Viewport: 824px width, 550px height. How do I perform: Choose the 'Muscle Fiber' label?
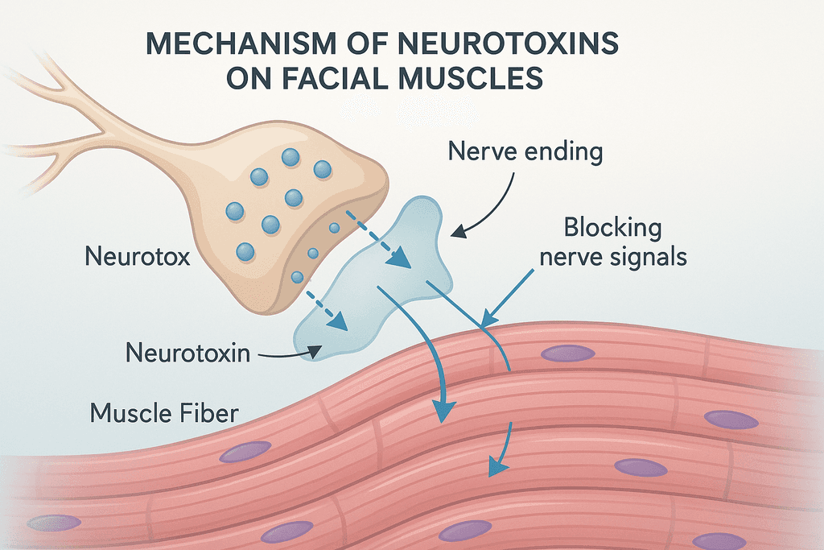[164, 414]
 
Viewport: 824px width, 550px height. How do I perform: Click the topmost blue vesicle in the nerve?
[290, 156]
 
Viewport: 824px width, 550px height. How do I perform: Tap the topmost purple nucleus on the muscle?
[567, 353]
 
